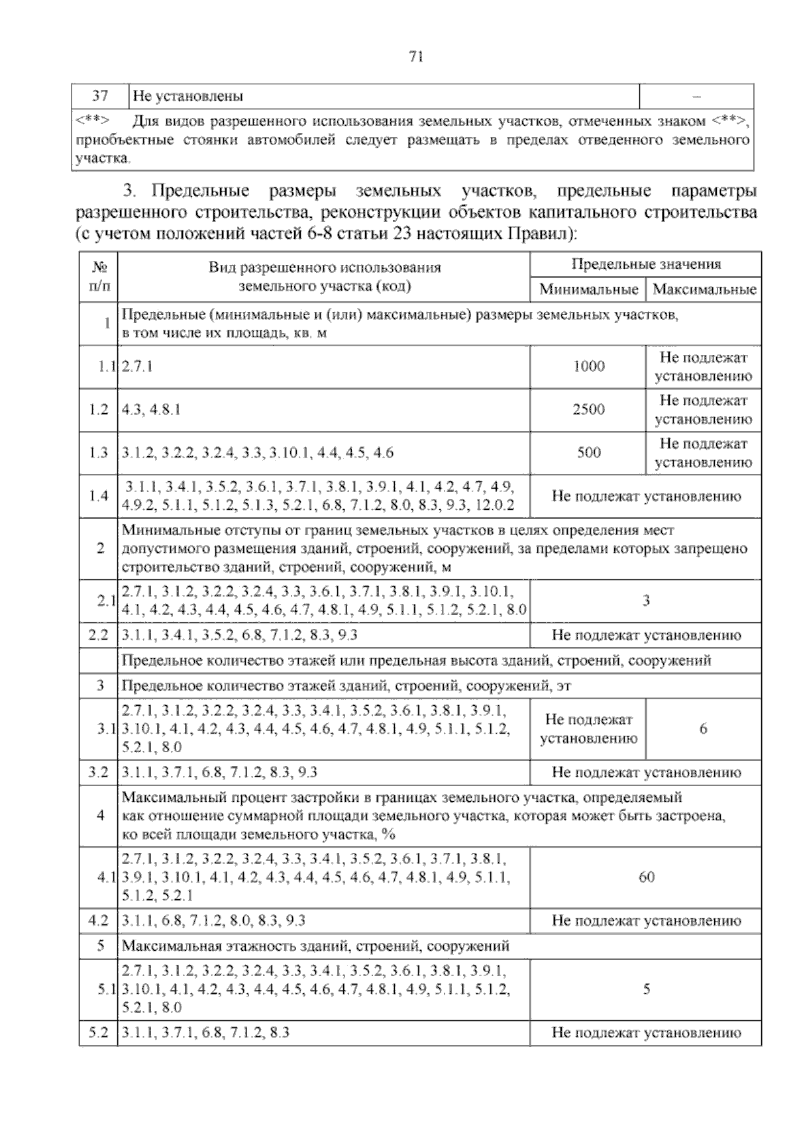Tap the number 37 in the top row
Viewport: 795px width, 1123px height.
coord(100,96)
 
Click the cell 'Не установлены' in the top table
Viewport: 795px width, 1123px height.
coord(188,97)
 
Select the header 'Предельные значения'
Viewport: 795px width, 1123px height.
coord(646,264)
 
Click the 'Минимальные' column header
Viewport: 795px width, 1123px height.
coord(588,289)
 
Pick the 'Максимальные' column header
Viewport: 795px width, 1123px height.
coord(704,289)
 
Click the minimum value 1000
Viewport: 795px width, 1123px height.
coord(588,366)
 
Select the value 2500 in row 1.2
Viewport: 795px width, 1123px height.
coord(588,409)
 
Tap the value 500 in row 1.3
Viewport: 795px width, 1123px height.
coord(588,453)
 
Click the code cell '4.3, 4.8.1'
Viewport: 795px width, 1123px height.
coord(151,409)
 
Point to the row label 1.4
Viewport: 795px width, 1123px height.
coord(98,496)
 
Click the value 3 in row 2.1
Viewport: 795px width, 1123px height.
coord(646,601)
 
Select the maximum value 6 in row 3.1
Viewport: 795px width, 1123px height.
coord(703,728)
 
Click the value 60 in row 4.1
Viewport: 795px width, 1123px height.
coord(646,877)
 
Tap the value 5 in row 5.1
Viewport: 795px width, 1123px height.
coord(646,989)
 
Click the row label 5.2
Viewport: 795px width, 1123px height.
coord(98,1032)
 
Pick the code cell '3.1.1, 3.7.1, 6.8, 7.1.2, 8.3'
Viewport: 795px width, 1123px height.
coord(206,1032)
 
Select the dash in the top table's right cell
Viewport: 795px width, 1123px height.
coord(696,97)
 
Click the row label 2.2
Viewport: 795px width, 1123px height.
coord(98,635)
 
